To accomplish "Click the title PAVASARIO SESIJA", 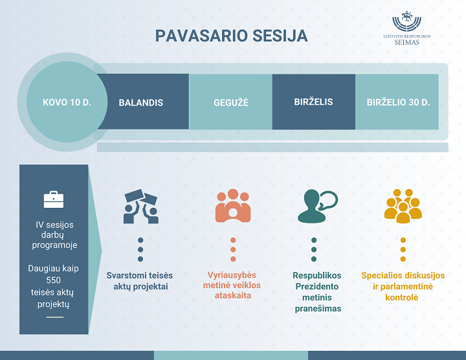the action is pos(231,36).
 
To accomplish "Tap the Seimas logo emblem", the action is pos(406,21).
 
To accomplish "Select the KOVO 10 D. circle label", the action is pos(67,102).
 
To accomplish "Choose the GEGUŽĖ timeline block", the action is pos(230,102).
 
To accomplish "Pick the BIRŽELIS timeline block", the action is pos(313,102).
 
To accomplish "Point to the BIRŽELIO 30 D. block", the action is pos(397,102).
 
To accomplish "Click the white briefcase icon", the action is pos(54,199).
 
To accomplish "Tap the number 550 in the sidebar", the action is pos(54,280).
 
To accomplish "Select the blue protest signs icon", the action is pos(141,207).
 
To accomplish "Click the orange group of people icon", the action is pos(233,206).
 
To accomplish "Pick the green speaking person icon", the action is pos(318,207).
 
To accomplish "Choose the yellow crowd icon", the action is pos(403,206).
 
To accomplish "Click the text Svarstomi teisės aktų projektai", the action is pos(140,281).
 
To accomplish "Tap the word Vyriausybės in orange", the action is pos(232,275).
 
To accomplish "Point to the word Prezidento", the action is pos(316,286).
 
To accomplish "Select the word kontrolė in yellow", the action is pos(402,297).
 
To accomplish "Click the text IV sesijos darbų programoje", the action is pos(54,235).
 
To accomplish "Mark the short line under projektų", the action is pos(55,317).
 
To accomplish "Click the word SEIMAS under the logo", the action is pos(406,42).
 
